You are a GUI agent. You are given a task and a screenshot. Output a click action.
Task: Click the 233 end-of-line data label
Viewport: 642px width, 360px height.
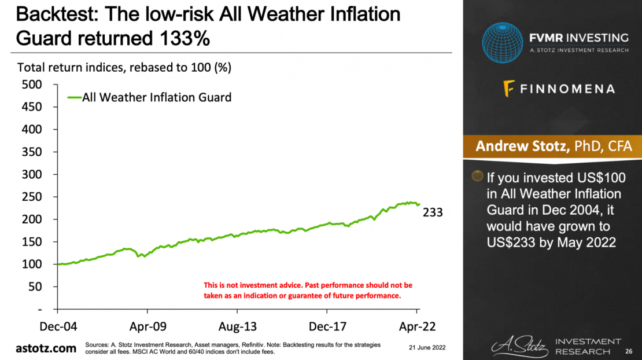pyautogui.click(x=432, y=212)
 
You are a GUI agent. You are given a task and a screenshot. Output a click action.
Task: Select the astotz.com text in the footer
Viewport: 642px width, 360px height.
pyautogui.click(x=46, y=348)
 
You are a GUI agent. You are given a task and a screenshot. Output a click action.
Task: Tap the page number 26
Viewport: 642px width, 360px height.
pyautogui.click(x=629, y=351)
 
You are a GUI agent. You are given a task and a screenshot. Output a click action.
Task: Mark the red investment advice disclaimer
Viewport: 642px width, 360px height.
pyautogui.click(x=308, y=291)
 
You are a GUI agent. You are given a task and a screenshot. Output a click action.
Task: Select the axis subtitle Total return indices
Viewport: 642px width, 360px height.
pyautogui.click(x=124, y=67)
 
